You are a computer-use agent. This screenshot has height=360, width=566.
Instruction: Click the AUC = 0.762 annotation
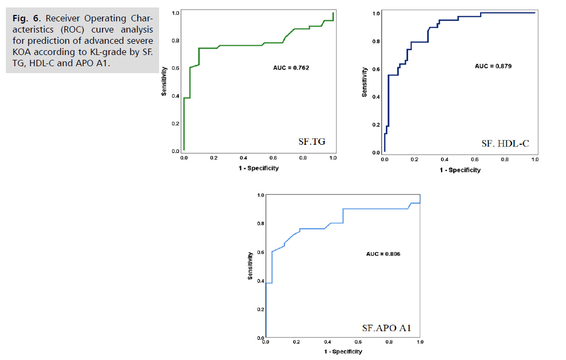[291, 68]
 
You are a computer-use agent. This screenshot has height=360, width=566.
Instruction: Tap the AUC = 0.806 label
[383, 254]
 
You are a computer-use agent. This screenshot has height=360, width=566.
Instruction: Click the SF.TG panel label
[312, 142]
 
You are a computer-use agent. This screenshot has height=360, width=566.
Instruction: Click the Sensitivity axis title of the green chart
[164, 82]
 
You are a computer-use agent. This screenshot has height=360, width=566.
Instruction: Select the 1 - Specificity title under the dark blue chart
[460, 170]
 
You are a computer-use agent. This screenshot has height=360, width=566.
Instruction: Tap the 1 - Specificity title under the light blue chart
[343, 351]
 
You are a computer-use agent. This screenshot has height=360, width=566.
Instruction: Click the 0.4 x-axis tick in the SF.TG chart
[243, 159]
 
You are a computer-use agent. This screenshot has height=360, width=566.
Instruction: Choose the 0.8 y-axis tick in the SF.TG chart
[176, 41]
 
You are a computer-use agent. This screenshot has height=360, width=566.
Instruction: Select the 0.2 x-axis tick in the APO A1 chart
[296, 341]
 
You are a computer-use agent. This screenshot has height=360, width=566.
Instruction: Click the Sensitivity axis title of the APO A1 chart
[250, 267]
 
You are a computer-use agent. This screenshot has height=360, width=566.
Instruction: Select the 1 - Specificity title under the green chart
[258, 168]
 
